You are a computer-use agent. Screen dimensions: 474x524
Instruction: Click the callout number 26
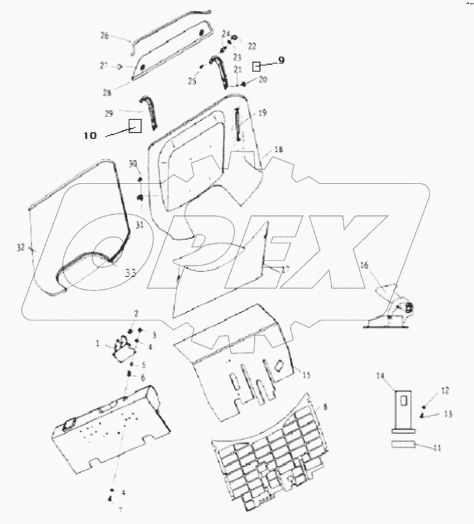[104, 37]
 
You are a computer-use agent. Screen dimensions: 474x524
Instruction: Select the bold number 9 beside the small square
[281, 61]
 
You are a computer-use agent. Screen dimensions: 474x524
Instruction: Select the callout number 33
[131, 274]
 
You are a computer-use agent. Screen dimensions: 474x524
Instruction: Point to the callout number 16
[381, 265]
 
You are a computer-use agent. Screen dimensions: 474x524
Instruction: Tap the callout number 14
[381, 377]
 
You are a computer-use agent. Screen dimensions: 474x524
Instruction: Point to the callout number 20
[263, 80]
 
